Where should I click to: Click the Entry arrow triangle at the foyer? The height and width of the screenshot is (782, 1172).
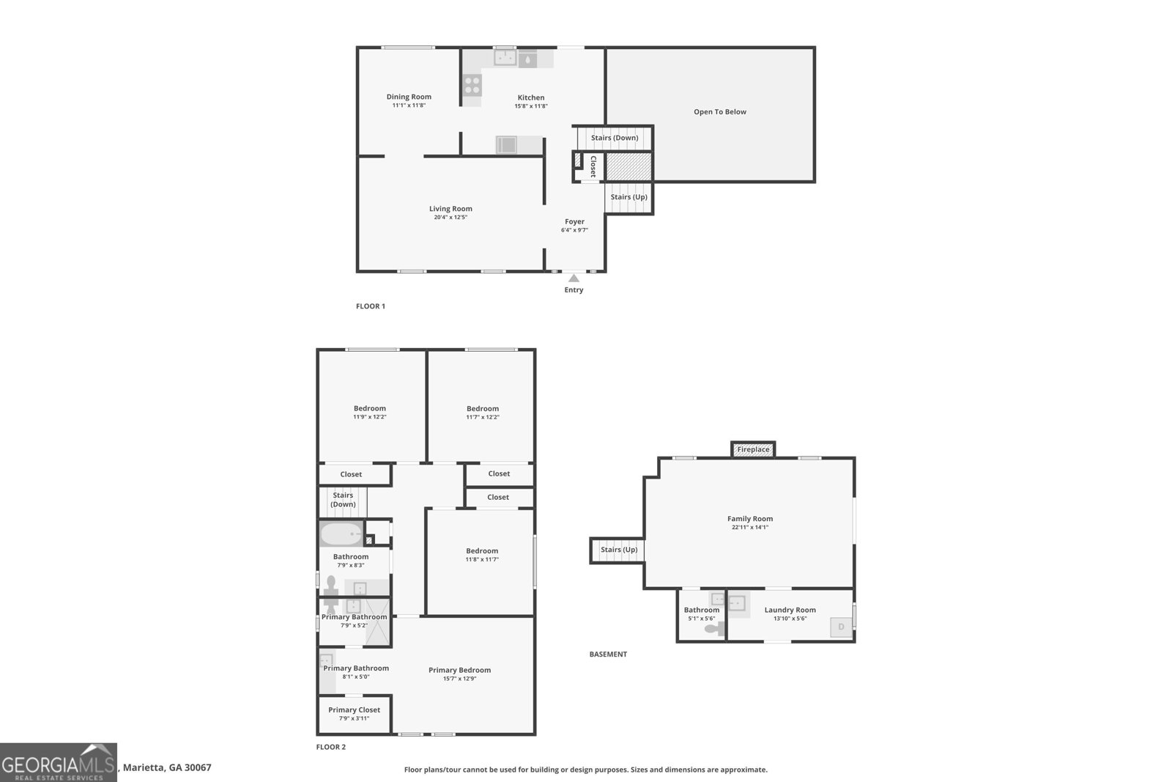click(574, 278)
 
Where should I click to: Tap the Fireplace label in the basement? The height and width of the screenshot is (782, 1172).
click(753, 449)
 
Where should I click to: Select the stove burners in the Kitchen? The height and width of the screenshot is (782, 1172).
click(472, 85)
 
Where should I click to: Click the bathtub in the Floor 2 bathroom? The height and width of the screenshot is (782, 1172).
click(341, 534)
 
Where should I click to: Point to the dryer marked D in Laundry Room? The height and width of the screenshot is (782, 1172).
click(841, 627)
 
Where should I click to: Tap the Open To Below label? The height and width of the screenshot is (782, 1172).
click(720, 111)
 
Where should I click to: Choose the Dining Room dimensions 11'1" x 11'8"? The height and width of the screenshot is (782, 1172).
click(409, 106)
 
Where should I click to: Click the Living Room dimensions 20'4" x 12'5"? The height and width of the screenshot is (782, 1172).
click(450, 217)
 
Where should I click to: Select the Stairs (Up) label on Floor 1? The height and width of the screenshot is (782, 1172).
click(629, 197)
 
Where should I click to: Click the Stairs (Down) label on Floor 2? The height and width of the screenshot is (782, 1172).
click(344, 499)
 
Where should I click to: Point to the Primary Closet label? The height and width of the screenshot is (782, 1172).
click(355, 709)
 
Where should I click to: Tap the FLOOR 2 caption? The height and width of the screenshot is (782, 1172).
click(330, 747)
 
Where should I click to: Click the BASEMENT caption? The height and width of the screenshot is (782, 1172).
click(608, 654)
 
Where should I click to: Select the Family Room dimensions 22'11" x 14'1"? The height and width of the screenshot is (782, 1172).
click(750, 527)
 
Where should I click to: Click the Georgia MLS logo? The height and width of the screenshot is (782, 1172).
click(58, 763)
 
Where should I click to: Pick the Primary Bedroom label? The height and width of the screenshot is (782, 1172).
click(459, 670)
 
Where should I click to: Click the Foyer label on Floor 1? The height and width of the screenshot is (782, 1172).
click(574, 221)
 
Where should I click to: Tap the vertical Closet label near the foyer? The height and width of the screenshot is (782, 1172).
click(593, 166)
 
